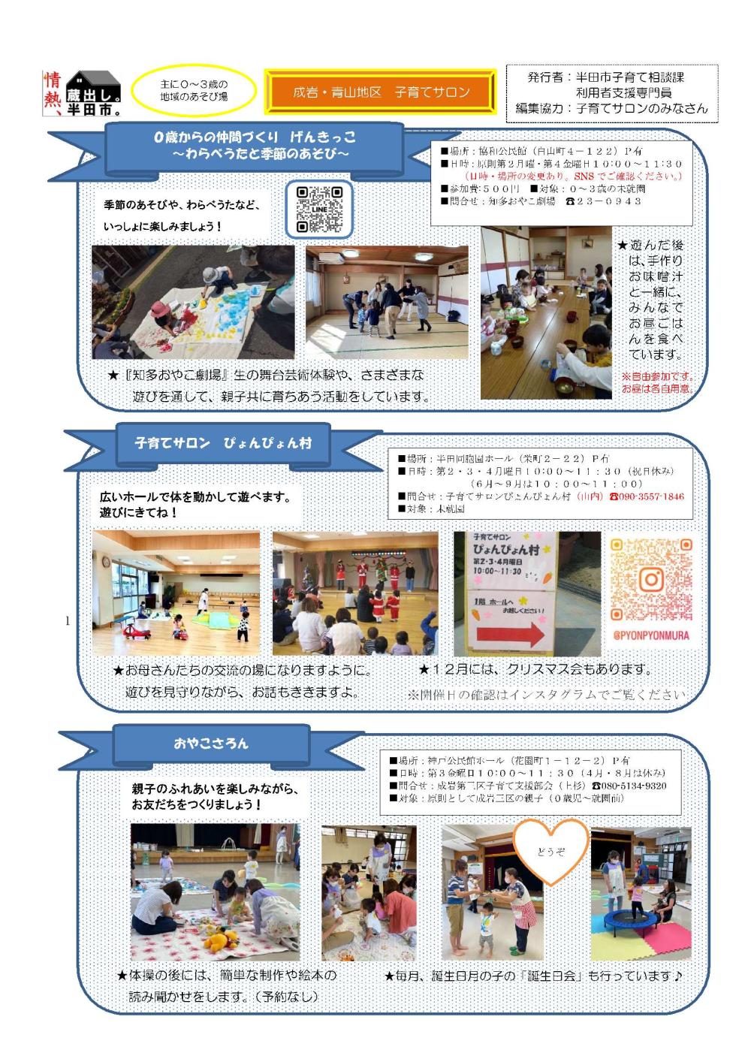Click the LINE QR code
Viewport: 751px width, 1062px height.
click(319, 210)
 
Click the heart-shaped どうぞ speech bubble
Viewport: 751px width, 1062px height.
click(550, 850)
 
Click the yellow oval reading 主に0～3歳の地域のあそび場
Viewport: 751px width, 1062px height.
click(194, 92)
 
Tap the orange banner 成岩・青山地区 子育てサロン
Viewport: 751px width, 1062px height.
click(381, 92)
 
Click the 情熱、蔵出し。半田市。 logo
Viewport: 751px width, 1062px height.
click(83, 92)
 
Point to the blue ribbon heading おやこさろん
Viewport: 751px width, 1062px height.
click(211, 744)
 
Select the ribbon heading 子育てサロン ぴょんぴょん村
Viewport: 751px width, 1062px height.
click(222, 443)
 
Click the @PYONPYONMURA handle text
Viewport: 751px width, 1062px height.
click(650, 635)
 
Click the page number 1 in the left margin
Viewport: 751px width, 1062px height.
click(68, 620)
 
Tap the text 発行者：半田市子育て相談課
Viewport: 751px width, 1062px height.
click(605, 77)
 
